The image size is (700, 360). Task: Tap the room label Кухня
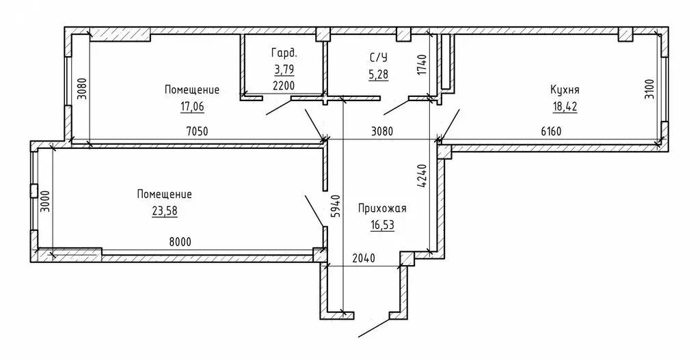(565, 89)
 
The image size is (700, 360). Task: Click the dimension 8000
(179, 241)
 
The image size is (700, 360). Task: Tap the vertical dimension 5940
(334, 205)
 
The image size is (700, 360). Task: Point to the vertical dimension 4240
(422, 176)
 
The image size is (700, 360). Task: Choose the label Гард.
(283, 53)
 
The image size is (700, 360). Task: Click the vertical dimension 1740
(422, 66)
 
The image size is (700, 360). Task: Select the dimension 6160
(550, 131)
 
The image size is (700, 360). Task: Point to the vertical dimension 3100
(649, 89)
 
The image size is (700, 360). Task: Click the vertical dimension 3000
(45, 203)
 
